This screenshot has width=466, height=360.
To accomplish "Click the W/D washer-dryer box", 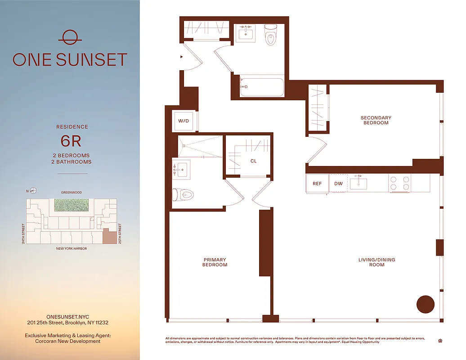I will pos(184,121).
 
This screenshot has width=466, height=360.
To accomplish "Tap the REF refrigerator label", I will pos(317,184).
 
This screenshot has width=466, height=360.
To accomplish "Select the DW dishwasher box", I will pos(338,184).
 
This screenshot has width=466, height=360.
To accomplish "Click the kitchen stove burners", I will pos(400,183).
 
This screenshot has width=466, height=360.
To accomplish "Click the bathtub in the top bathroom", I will pos(262,87).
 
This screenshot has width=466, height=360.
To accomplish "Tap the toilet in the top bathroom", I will pos(270,35).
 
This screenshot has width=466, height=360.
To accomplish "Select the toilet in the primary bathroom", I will pos(184,195).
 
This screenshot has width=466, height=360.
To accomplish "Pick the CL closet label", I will pos(254,161).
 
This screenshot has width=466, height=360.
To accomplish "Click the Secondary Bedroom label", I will pos(376,120).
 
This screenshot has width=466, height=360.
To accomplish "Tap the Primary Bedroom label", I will pos(215,262).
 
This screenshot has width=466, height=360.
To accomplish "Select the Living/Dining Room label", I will pos(377,262).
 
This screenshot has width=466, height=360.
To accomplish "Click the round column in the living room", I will pos(425,304).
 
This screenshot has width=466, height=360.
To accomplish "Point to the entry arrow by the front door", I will pos(181,57).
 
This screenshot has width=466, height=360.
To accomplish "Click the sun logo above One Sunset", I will pos(70,38).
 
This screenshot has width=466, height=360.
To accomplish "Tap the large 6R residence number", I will pos(71,141).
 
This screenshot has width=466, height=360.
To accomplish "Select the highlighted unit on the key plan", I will pos(109,236).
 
